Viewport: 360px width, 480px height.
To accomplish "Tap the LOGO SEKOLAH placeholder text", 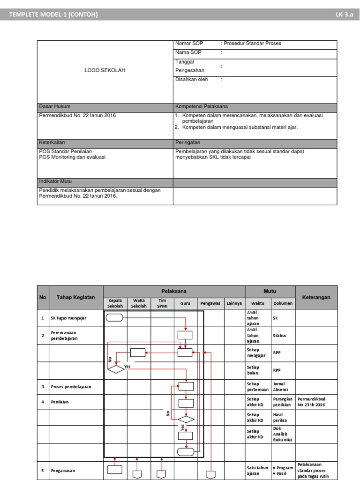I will point(105,70).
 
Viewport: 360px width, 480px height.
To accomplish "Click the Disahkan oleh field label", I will point(192,80).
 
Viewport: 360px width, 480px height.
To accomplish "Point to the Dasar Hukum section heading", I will point(54,106).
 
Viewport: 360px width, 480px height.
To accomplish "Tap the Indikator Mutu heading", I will point(55,181).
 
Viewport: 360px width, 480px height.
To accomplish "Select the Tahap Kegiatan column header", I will point(76,297).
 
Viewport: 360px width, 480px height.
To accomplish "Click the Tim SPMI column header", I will point(162,303).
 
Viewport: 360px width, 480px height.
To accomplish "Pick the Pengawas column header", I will point(210,303).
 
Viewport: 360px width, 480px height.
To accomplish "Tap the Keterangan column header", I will point(316,297).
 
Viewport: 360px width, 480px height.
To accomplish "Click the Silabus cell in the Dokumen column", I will point(280,336).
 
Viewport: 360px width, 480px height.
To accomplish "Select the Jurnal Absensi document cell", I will point(281,386).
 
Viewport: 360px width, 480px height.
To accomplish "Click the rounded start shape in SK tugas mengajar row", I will point(115,318).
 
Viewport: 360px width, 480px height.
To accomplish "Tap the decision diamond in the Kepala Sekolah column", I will point(115,369).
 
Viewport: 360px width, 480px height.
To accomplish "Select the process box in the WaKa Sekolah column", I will point(137,352).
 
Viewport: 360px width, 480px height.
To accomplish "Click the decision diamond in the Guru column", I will point(186,419).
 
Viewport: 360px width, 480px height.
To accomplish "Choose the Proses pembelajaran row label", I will point(71,387).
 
